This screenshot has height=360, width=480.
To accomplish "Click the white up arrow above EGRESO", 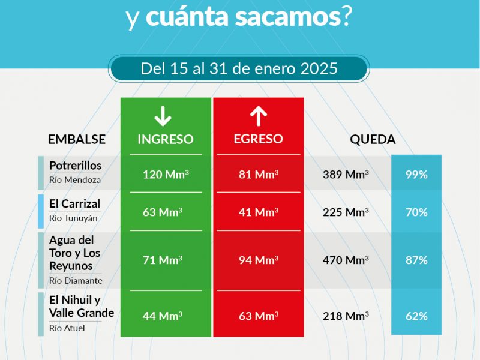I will tap(259, 115).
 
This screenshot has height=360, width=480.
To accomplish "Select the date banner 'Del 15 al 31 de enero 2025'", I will tap(239, 68).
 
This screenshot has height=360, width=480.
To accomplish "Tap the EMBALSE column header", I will tap(77, 140).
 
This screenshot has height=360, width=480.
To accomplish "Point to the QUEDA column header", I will tap(373, 140).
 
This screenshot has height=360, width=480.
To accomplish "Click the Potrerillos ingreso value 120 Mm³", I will tap(166, 175).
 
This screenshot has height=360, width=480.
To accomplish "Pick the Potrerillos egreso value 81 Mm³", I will tap(259, 175).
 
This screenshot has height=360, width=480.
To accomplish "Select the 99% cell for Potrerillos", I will tap(416, 175).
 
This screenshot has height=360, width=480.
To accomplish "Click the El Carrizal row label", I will tap(75, 204).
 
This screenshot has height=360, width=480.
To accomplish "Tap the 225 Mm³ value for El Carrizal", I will tap(346, 212).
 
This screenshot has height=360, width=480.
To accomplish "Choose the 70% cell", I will tap(416, 212).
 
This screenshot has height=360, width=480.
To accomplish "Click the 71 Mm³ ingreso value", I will tap(163, 260).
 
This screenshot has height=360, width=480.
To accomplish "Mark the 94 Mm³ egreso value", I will tap(259, 260).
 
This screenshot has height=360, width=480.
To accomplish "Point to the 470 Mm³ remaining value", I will tap(346, 260).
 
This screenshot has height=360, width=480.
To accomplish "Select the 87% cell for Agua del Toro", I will tap(416, 260).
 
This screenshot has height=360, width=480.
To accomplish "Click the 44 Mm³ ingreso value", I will tap(163, 316).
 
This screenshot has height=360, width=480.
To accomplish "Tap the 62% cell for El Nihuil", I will tap(416, 316).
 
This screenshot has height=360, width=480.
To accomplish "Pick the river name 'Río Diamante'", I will tap(76, 280).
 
